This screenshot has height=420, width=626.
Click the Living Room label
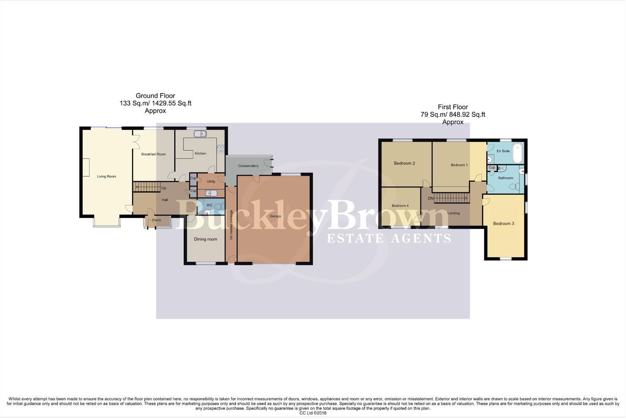coord(107,177)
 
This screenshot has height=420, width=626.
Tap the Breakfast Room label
coord(153,154)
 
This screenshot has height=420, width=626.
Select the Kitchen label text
coord(201,154)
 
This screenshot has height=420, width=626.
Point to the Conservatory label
coord(248,166)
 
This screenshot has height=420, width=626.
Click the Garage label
coord(275,216)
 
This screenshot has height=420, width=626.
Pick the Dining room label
coord(205,239)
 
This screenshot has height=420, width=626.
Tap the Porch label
coord(156,220)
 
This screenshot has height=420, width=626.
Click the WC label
coord(209,205)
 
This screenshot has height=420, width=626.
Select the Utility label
coord(211,182)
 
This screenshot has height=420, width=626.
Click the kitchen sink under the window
coord(200,134)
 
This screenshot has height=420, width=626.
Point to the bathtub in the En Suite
coord(517,153)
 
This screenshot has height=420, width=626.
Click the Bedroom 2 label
coord(404,163)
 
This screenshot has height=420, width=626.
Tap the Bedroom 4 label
coord(400,206)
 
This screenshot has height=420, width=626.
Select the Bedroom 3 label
coord(504,224)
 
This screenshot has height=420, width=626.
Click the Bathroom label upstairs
coord(506,178)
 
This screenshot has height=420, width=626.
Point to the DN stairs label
coord(431,199)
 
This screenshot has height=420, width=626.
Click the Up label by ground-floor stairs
coord(164,188)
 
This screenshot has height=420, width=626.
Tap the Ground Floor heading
coord(155,96)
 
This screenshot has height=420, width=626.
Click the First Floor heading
coord(453,107)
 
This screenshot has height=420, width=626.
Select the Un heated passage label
coord(231,225)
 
